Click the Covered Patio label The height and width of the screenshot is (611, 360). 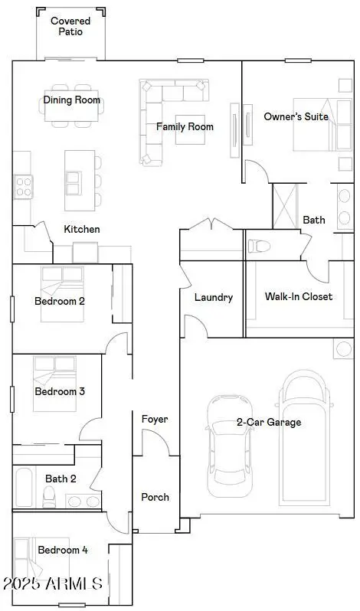[70, 27]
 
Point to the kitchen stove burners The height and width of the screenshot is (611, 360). [22, 183]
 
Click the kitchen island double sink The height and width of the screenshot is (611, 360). [74, 183]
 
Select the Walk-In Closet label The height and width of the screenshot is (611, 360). [298, 296]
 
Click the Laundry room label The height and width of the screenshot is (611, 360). [213, 297]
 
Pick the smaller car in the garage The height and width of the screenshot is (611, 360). [229, 445]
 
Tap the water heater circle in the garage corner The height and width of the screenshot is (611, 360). [341, 349]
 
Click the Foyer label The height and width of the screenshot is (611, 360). [155, 419]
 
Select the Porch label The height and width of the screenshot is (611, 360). [155, 497]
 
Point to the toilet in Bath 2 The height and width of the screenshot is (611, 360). [50, 498]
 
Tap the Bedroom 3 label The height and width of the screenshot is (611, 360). [59, 391]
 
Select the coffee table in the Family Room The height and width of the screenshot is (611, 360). [189, 131]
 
